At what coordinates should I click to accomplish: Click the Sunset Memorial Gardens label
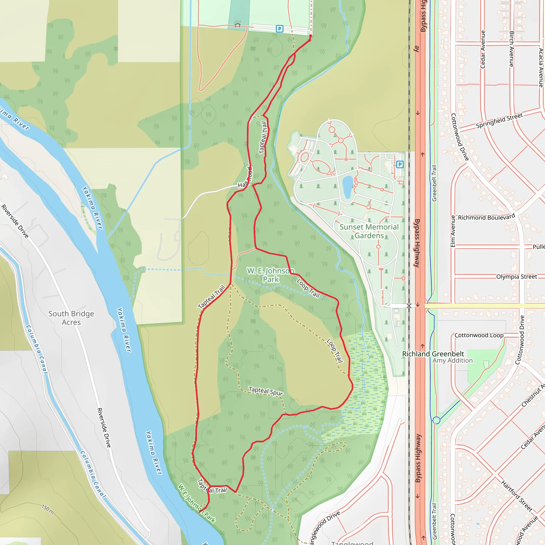point(369,231)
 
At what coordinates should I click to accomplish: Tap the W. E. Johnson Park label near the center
point(271,275)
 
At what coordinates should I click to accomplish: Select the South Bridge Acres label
point(71,318)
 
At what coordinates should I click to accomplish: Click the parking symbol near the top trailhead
point(279,28)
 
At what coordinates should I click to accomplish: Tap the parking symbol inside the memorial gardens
point(400,164)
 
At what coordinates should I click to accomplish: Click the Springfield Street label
point(499,121)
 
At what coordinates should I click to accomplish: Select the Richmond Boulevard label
point(486,217)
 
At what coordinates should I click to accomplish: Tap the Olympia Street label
point(517,277)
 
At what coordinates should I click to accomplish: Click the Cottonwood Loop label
point(479,335)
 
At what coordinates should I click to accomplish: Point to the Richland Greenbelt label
point(433,354)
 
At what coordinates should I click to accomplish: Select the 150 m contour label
point(48,509)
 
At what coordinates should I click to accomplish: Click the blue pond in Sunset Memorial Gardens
point(348,187)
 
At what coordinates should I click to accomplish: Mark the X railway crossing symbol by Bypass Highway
point(409,306)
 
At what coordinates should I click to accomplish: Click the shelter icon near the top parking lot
point(238,25)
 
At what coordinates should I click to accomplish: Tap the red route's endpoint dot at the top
point(311,36)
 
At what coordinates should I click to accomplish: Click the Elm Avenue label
point(453,231)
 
